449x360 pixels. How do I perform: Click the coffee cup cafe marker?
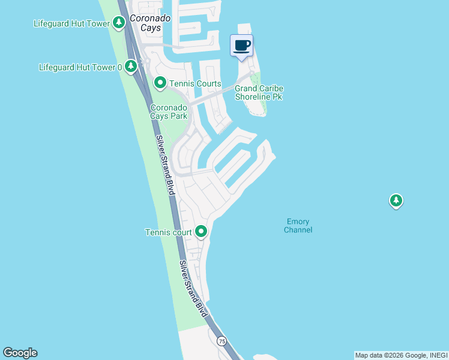coord(242,46)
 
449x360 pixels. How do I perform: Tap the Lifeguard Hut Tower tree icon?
coord(119,23)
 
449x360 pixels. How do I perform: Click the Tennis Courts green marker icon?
coord(160,83)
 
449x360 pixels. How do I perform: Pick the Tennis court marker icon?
coord(201,232)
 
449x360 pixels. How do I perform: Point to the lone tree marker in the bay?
coord(396,200)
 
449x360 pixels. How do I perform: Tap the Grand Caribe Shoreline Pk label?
coord(259,92)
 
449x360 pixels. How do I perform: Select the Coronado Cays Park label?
coord(169,112)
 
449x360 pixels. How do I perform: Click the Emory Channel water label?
coord(298,226)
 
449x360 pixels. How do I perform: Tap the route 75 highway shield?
coord(222,341)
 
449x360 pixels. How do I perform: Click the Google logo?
coord(20,353)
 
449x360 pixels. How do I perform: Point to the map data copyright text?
coord(400,355)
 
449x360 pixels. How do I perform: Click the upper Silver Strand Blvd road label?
coord(165,164)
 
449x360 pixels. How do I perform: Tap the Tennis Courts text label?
coord(196,83)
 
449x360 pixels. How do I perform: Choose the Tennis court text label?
coord(169,232)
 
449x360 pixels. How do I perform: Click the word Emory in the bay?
coord(298,221)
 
